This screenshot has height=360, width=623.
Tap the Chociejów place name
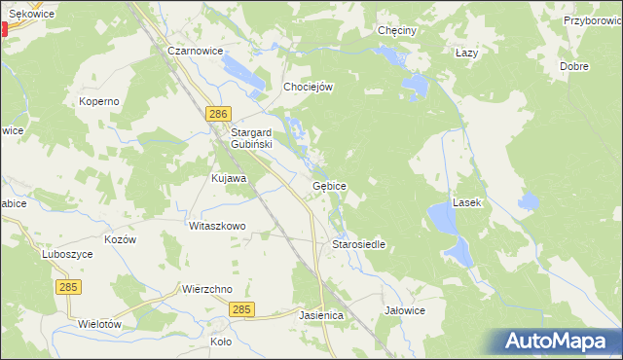[309, 87]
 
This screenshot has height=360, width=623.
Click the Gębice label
[329, 185]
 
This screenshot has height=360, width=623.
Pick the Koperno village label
[99, 100]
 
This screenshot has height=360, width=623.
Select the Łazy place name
[467, 53]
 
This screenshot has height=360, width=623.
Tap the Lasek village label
[468, 203]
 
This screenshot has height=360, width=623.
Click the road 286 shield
[218, 114]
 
